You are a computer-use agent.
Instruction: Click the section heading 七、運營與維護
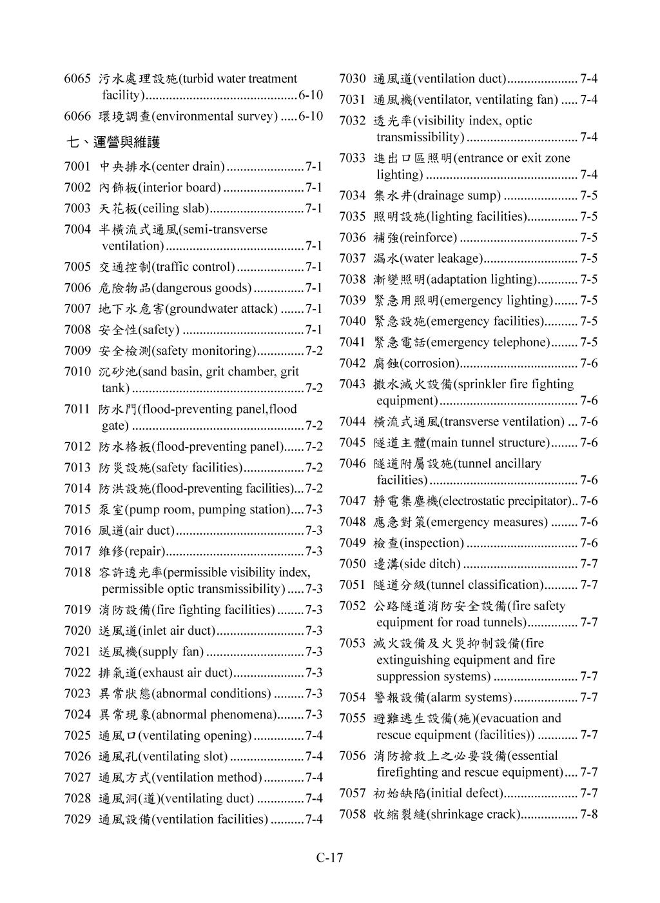[113, 142]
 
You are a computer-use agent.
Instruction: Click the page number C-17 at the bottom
[329, 857]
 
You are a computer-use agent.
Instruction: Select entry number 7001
[77, 167]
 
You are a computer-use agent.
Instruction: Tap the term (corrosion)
[431, 363]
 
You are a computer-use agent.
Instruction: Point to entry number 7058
[353, 814]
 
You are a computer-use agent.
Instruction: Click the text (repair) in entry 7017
[145, 551]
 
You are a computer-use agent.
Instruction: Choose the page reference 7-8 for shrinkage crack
[588, 814]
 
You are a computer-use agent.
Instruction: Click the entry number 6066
[77, 117]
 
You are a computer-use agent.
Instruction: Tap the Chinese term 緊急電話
[400, 342]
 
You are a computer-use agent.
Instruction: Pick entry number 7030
[353, 79]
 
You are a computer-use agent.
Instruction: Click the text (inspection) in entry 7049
[432, 543]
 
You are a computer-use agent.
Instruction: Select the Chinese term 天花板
[118, 209]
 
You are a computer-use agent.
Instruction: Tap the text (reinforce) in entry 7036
[429, 238]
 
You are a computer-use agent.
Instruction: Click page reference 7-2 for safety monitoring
[314, 351]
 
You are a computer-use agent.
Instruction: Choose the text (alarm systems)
[470, 698]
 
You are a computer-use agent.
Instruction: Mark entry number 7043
[353, 384]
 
